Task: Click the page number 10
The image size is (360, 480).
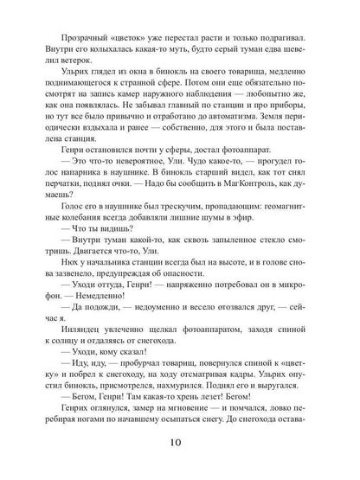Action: tap(180, 442)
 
